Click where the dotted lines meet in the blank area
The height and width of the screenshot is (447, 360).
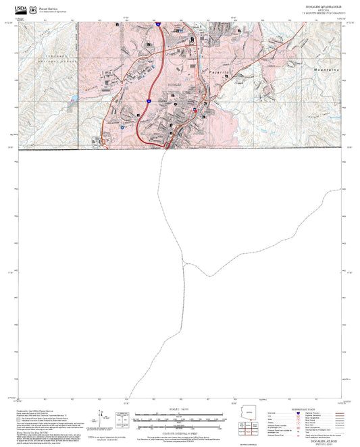coord(184,262)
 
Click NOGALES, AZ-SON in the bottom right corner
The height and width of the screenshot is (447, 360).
coord(324,440)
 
